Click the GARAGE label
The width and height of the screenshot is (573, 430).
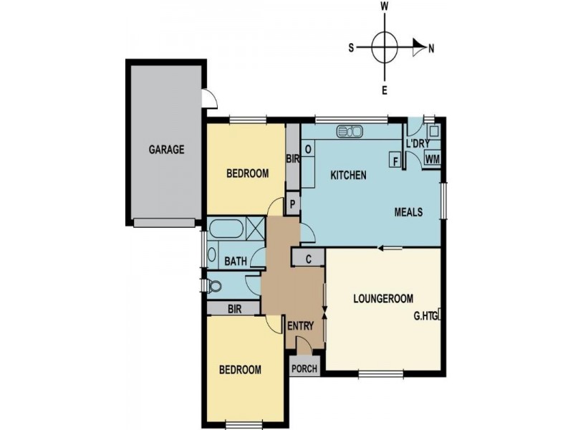(166, 150)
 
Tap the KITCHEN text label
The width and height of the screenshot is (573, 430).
(348, 175)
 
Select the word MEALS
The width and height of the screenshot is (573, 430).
(408, 212)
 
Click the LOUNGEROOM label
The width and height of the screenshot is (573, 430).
(383, 299)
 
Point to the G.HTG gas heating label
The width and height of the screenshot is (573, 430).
(425, 315)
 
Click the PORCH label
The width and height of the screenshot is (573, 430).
(304, 369)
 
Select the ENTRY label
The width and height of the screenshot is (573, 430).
(300, 326)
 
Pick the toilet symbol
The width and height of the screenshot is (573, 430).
(213, 286)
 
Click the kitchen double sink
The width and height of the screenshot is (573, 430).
(350, 131)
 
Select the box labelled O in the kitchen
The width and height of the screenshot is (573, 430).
(308, 149)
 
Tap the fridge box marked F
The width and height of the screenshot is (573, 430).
(395, 160)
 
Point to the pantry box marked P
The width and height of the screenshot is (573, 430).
(293, 204)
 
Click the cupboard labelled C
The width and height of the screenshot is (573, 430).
(308, 259)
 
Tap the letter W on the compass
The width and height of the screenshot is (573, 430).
(385, 6)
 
